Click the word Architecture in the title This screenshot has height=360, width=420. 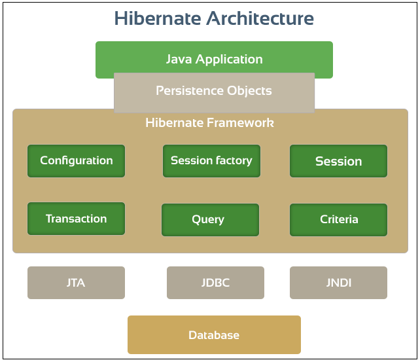click(x=260, y=18)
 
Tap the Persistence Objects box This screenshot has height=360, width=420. click(x=214, y=92)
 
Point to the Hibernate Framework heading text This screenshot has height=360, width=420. click(x=209, y=122)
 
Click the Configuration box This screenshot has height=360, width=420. click(x=76, y=161)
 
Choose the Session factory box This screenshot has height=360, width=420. click(x=211, y=161)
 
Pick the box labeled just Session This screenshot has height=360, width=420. click(x=338, y=161)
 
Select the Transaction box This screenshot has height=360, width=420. click(x=76, y=219)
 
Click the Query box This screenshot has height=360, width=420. click(x=209, y=220)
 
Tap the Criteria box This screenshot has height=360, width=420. click(x=338, y=220)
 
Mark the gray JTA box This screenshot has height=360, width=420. click(x=76, y=283)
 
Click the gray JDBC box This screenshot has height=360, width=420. click(x=215, y=283)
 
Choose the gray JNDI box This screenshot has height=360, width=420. click(x=338, y=283)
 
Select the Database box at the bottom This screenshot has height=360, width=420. click(x=214, y=334)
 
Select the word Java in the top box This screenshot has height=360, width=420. click(x=178, y=60)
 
